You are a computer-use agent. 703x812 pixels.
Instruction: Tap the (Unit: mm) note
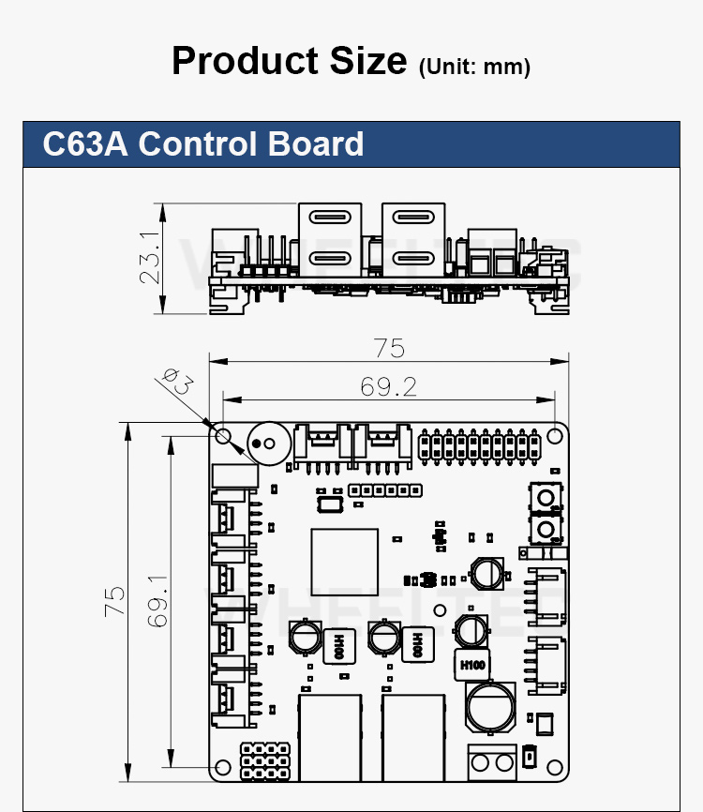[x=475, y=67]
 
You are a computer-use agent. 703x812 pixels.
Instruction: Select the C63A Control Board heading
[x=203, y=144]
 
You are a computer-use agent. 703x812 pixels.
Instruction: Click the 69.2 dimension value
[x=388, y=385]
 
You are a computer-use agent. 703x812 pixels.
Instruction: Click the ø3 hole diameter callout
[x=177, y=382]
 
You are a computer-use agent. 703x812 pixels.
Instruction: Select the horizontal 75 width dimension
[x=388, y=348]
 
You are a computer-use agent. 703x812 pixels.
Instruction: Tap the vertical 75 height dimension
[x=113, y=601]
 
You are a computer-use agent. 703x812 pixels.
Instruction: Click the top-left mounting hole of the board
[x=223, y=437]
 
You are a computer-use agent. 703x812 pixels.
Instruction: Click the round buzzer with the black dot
[x=266, y=441]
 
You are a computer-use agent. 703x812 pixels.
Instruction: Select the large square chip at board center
[x=344, y=561]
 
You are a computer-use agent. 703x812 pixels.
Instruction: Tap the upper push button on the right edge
[x=544, y=496]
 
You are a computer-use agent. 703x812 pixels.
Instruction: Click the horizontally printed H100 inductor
[x=473, y=664]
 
